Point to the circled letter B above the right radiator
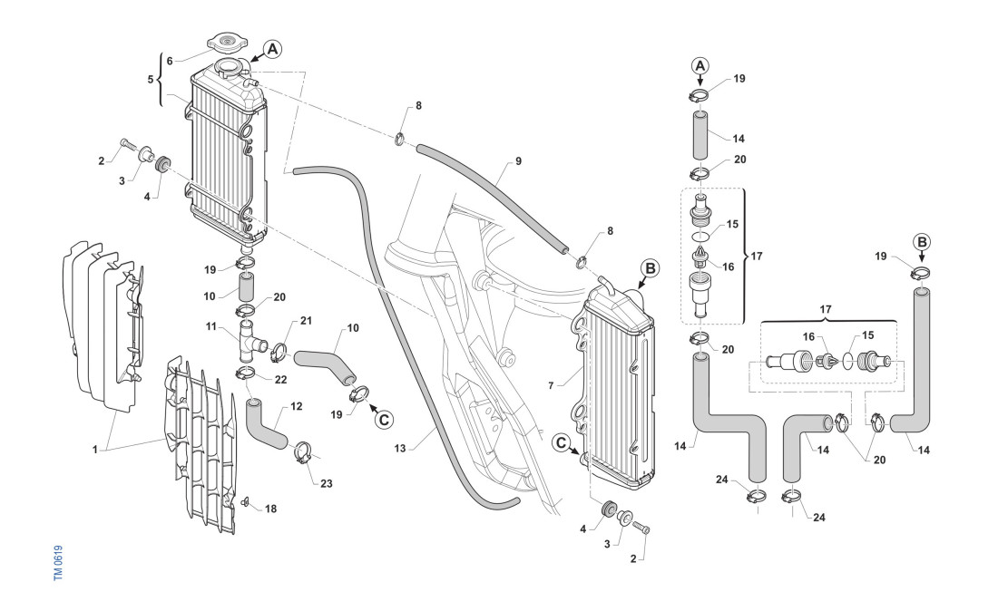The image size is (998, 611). click(x=650, y=268)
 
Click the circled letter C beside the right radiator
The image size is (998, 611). click(x=561, y=442)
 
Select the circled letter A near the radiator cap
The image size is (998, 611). click(x=272, y=49)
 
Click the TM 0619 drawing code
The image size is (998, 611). click(x=58, y=562)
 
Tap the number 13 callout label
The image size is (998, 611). click(x=400, y=448)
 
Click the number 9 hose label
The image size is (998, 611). click(x=518, y=161)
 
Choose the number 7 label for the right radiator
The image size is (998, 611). click(x=552, y=385)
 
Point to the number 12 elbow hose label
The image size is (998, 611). click(x=297, y=406)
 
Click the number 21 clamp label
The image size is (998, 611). click(x=306, y=320)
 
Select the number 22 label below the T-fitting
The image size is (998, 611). click(x=280, y=380)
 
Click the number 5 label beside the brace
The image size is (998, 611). click(x=151, y=80)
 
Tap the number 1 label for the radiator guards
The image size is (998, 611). click(x=95, y=450)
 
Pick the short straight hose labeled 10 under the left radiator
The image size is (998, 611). click(x=246, y=287)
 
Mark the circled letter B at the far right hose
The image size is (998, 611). click(x=922, y=242)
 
